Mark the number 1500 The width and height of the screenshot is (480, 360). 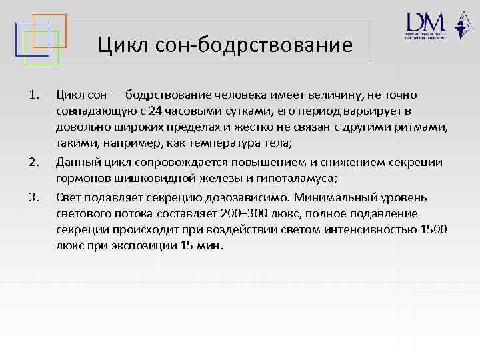tap(433, 230)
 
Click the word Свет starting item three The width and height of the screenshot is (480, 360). tap(69, 198)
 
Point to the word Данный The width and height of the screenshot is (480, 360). tap(75, 162)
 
